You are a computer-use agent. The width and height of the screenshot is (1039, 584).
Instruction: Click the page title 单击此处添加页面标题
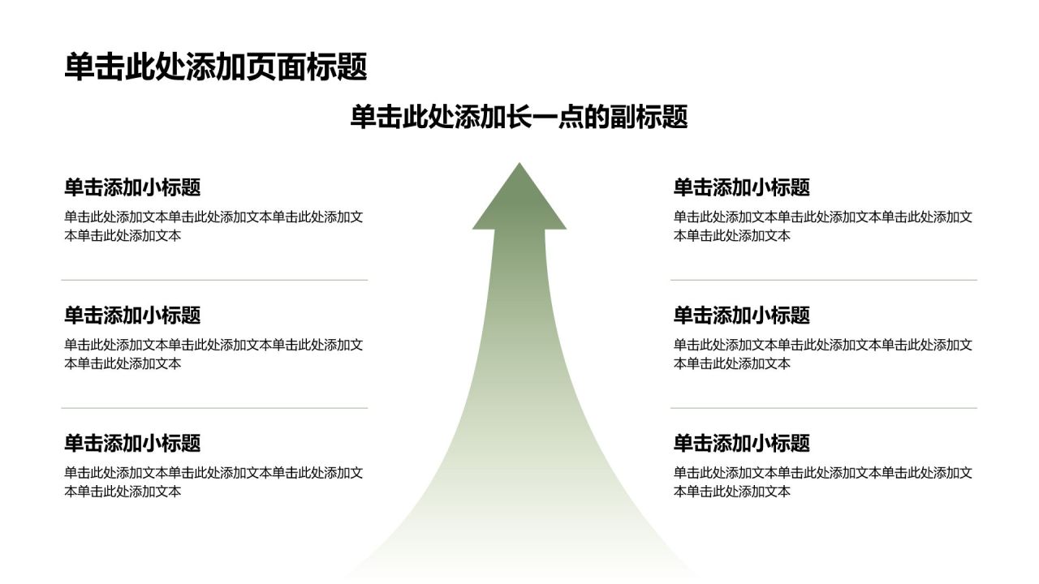216,67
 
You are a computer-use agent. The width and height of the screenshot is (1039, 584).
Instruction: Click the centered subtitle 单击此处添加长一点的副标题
519,117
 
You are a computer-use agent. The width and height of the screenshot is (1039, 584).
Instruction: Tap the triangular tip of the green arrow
519,163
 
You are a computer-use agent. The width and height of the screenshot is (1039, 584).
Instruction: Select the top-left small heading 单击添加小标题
132,187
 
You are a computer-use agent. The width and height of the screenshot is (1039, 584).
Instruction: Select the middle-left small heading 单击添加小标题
132,316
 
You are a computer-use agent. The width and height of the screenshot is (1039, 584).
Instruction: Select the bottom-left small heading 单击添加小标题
132,443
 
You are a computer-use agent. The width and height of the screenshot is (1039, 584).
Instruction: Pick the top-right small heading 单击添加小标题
742,187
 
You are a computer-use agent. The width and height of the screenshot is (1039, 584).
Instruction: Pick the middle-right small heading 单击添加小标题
742,316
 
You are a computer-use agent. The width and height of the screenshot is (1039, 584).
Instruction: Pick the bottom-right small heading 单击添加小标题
742,443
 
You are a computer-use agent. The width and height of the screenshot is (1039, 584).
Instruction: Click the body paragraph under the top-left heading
213,226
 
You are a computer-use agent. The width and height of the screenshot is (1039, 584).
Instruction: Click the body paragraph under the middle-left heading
213,354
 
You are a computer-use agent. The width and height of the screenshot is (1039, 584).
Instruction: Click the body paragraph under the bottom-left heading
213,482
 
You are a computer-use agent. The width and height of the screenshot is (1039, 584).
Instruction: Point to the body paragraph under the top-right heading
823,226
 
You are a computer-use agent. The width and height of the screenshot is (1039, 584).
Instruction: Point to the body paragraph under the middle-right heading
823,354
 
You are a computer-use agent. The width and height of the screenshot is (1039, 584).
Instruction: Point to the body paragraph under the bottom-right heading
823,482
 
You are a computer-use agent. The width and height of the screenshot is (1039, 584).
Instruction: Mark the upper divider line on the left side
214,280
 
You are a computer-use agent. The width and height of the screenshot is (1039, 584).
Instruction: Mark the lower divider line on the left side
214,408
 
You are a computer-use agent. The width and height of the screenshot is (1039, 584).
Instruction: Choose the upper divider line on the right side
824,280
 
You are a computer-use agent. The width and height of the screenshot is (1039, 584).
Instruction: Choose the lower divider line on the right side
824,408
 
